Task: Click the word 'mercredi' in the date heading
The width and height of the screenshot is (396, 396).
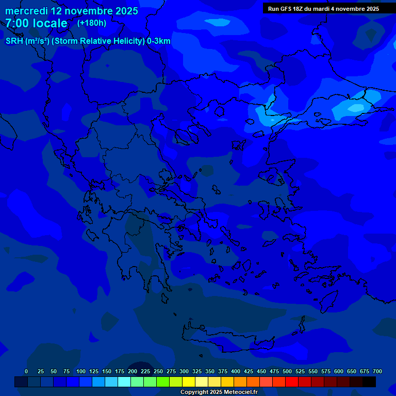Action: pos(26,11)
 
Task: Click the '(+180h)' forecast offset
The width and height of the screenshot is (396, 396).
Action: pos(92,23)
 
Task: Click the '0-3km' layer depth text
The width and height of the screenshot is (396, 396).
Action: pos(158,41)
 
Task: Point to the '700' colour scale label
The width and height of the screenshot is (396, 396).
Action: pos(377,371)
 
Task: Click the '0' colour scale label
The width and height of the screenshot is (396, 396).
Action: pos(26,371)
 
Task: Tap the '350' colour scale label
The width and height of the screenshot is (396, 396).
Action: pos(210,371)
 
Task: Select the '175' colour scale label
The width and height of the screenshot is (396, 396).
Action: pos(120,371)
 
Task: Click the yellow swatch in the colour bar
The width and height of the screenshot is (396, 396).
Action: pos(189,382)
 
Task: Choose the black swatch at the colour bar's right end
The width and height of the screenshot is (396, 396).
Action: pos(369,382)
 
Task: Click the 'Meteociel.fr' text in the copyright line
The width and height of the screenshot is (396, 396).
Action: pos(238,392)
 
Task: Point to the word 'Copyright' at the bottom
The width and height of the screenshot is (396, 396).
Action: pos(194,392)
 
